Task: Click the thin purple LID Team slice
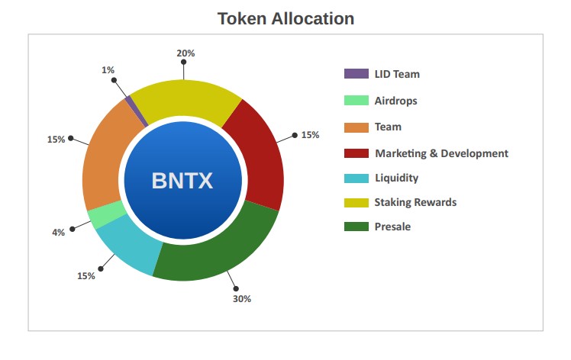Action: point(137,111)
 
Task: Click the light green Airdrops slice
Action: point(105,214)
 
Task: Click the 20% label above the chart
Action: point(185,53)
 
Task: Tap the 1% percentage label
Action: point(108,70)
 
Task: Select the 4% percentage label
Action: point(58,232)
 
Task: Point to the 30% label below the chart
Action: point(242,299)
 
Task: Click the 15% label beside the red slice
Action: point(310,135)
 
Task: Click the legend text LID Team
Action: point(397,74)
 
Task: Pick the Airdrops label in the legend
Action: point(396,101)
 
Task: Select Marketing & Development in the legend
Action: point(441,153)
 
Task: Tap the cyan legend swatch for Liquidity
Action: point(356,178)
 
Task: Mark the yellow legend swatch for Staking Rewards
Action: point(356,203)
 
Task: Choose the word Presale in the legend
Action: point(392,227)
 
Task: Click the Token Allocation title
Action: point(285,18)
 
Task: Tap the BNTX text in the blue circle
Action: point(182,181)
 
